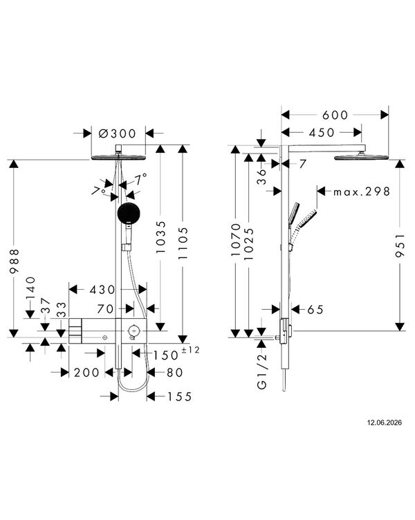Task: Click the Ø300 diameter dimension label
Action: point(118,133)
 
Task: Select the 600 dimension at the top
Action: point(335,115)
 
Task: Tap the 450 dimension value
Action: point(322,132)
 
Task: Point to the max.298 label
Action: point(362,192)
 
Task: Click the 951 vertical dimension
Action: point(400,245)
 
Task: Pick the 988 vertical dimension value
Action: point(15,261)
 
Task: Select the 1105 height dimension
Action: point(183,243)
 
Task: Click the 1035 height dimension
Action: point(160,237)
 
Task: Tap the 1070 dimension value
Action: point(236,240)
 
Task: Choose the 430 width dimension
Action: point(102,290)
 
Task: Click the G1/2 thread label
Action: point(261,371)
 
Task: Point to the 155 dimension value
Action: point(179,396)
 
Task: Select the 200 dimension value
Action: point(86,373)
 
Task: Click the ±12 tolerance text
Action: point(190,349)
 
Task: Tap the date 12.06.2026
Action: point(384,423)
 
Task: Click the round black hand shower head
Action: point(129,213)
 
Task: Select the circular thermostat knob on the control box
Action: point(133,331)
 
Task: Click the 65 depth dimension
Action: point(315,309)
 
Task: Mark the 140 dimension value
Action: point(30,288)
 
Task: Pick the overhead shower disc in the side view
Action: point(361,157)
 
